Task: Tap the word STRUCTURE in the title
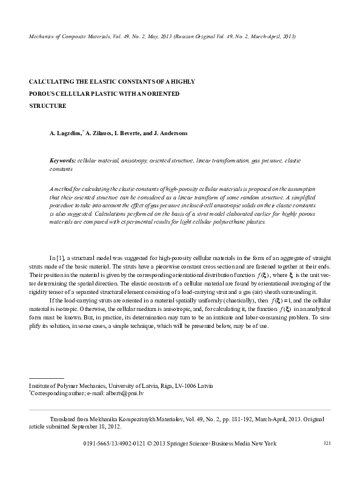[x=48, y=105]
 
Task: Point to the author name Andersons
[x=173, y=133]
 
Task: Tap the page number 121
[x=327, y=444]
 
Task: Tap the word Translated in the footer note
[x=62, y=419]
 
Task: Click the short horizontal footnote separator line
[x=47, y=379]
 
